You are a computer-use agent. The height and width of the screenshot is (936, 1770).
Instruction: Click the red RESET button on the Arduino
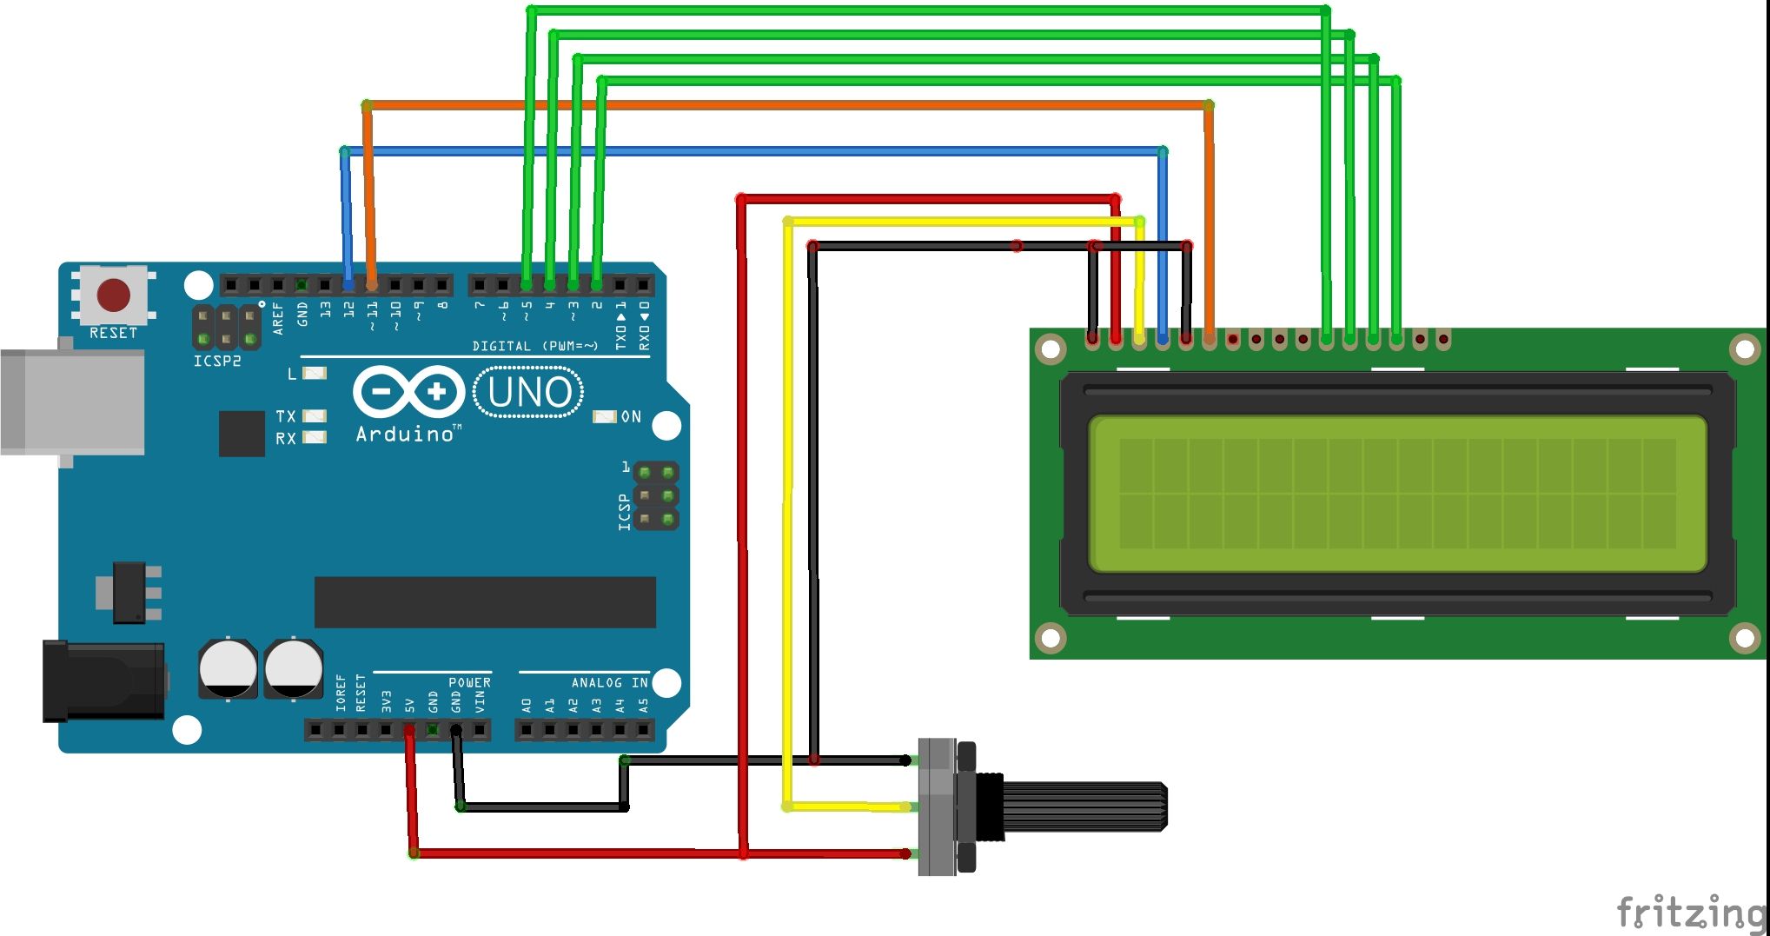[114, 295]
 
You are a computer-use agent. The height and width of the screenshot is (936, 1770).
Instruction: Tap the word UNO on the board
[529, 393]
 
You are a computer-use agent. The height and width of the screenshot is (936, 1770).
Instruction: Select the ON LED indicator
[605, 417]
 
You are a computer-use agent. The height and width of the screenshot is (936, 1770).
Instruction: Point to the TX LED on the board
[315, 416]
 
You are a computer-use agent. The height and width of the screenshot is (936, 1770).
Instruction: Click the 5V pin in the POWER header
[409, 730]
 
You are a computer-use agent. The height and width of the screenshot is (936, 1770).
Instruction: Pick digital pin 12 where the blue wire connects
[348, 284]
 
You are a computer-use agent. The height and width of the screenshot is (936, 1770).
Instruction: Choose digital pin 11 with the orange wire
[372, 284]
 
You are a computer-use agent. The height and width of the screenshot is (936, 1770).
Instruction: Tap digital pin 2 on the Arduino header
[597, 284]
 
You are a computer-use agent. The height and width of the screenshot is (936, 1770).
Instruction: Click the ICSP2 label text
[216, 361]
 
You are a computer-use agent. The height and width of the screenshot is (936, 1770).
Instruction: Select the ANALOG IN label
[609, 683]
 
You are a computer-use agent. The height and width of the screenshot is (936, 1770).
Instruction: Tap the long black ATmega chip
[485, 602]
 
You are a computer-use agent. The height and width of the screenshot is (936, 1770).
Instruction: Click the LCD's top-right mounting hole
[1745, 350]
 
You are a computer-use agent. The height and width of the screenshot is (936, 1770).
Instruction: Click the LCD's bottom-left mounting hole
[1051, 638]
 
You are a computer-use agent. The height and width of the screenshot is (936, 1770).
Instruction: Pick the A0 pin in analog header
[527, 730]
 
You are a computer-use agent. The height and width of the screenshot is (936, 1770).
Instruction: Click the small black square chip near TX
[242, 434]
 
